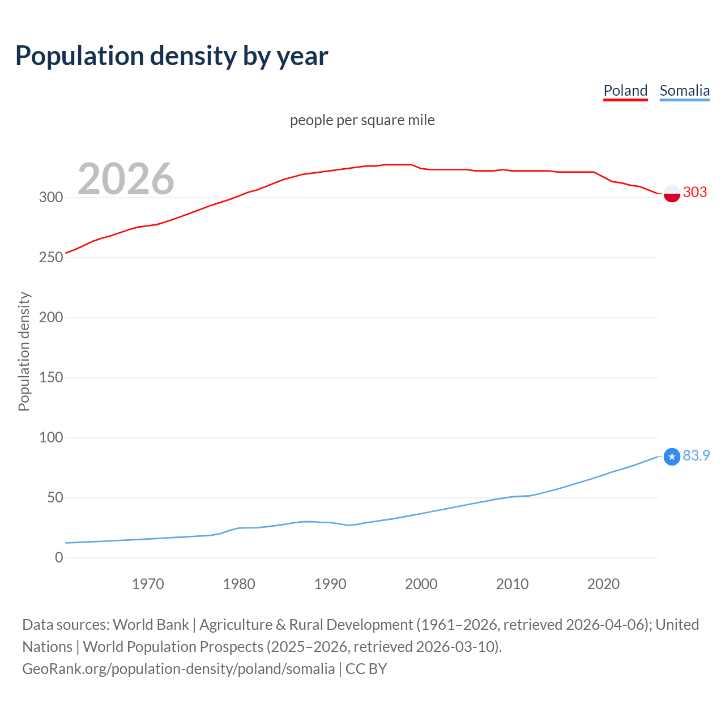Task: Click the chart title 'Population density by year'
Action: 172,56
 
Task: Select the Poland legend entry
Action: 625,91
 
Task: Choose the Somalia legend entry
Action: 684,91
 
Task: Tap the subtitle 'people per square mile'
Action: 362,120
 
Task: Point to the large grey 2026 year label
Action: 126,179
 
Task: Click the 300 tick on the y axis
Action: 50,198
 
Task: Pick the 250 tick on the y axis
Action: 50,258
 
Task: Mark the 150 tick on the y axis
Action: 50,378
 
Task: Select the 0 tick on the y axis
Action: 59,558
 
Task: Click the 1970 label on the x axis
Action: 148,584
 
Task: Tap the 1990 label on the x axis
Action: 330,584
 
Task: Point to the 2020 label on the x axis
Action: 603,584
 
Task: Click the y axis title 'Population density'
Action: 24,351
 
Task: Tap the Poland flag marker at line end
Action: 672,193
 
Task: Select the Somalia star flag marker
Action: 672,457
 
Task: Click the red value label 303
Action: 695,192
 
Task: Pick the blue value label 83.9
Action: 696,455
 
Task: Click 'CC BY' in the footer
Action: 366,669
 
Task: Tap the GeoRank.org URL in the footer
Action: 178,669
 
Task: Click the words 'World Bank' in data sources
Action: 151,625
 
